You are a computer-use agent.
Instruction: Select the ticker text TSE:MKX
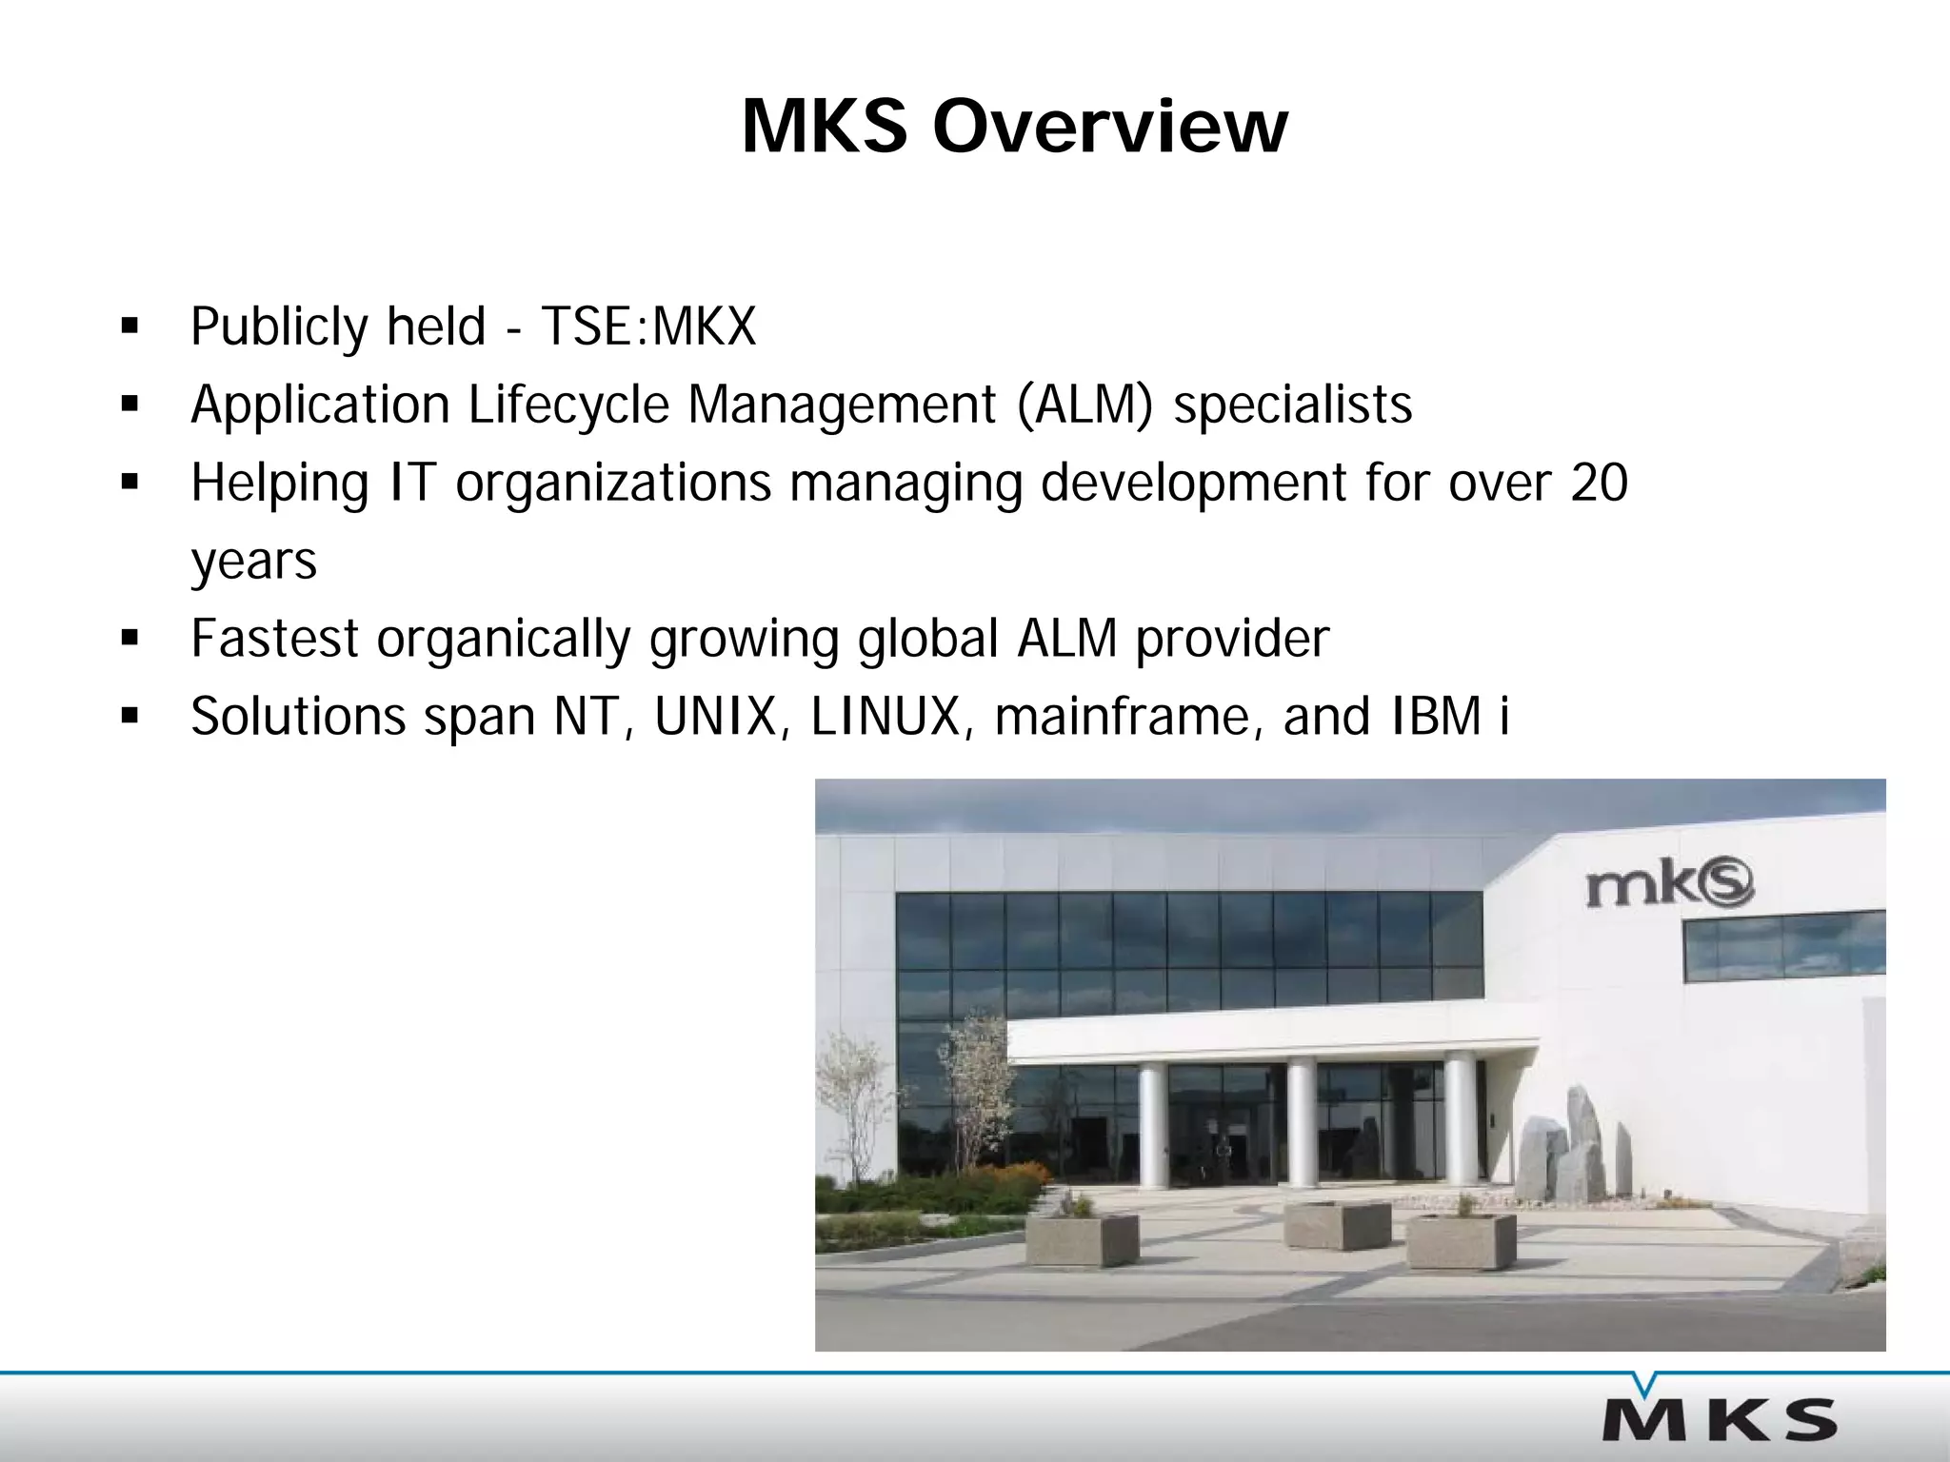pyautogui.click(x=648, y=326)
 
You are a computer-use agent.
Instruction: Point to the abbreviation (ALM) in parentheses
pyautogui.click(x=1084, y=405)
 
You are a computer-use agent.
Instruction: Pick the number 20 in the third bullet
pyautogui.click(x=1599, y=483)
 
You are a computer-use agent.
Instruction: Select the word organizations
pyautogui.click(x=612, y=484)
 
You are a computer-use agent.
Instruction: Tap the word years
pyautogui.click(x=253, y=562)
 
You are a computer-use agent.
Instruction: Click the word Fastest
pyautogui.click(x=274, y=638)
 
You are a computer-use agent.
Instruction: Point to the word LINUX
pyautogui.click(x=885, y=716)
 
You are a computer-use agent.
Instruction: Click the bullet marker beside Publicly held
pyautogui.click(x=129, y=328)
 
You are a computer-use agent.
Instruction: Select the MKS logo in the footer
pyautogui.click(x=1719, y=1419)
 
